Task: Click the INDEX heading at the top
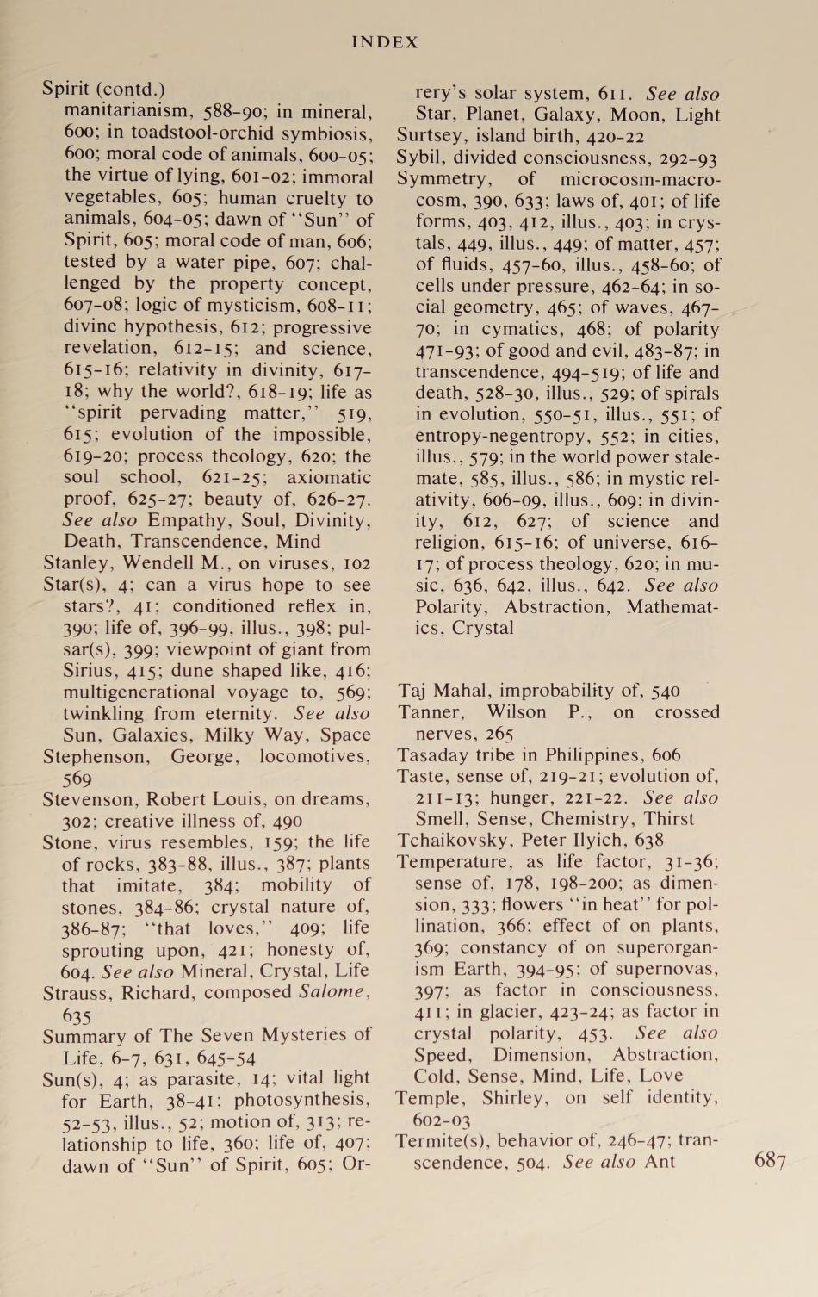385,41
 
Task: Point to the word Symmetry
442,179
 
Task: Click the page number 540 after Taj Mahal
664,691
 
